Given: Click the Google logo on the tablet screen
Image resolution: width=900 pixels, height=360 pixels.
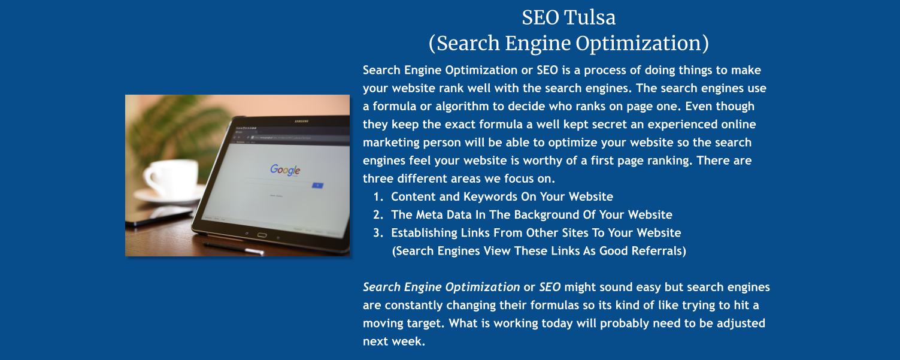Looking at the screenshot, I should (x=284, y=170).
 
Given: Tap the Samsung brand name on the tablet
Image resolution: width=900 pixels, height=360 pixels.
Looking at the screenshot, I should (x=301, y=122).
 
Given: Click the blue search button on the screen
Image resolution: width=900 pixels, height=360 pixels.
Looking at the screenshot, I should (x=317, y=186).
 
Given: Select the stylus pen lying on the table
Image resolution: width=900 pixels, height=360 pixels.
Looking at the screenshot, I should (x=234, y=247).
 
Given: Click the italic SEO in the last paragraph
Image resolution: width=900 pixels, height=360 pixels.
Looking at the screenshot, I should (x=550, y=287).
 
